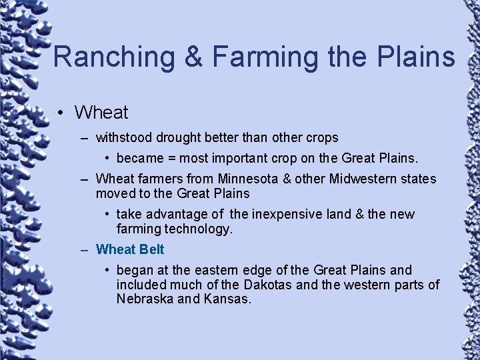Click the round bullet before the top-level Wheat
61,113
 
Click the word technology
198,229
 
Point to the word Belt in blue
151,250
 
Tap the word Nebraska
145,299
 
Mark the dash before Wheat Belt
85,250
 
